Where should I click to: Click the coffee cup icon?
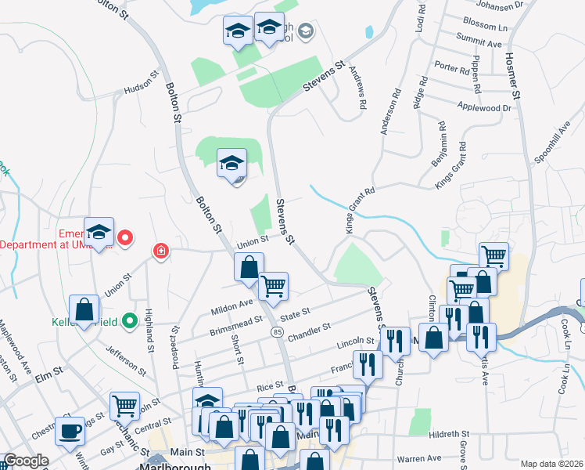[70, 430]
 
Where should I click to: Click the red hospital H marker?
[161, 251]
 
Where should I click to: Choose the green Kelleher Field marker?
[130, 320]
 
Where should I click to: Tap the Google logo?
[26, 461]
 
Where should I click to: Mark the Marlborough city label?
[175, 466]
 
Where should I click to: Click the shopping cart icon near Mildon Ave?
[274, 286]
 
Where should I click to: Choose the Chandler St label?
[310, 332]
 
